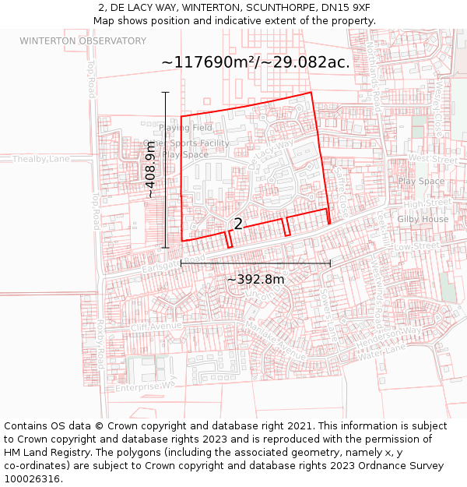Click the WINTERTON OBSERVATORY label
[83, 41]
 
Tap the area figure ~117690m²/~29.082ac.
[255, 62]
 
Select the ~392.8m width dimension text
[255, 279]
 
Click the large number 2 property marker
[238, 224]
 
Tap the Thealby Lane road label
[40, 159]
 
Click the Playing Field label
[185, 128]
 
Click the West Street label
[434, 159]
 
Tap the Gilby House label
[423, 219]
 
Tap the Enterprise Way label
[146, 385]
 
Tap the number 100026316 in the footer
[31, 478]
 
